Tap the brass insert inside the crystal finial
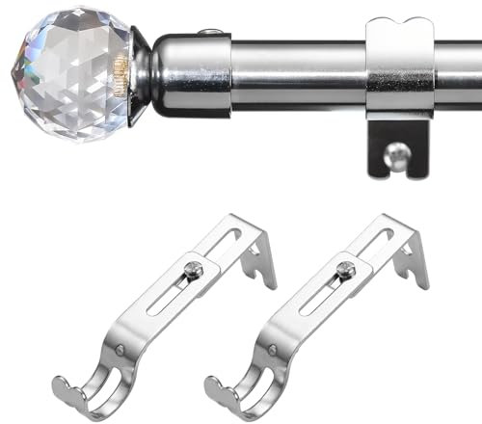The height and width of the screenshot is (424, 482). pyautogui.click(x=121, y=69)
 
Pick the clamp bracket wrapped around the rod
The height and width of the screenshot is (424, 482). pyautogui.click(x=399, y=72)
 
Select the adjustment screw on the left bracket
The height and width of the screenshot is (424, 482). pyautogui.click(x=194, y=271)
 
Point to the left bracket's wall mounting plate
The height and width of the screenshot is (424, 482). pyautogui.click(x=254, y=252)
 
